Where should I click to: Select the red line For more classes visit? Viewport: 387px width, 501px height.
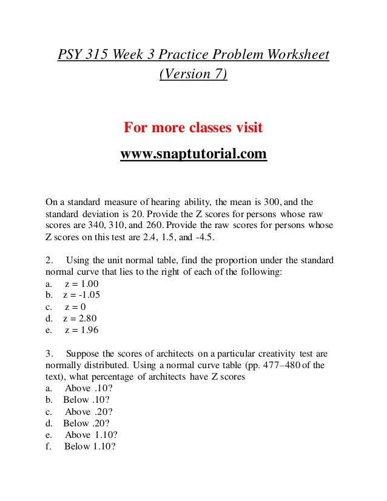(193, 129)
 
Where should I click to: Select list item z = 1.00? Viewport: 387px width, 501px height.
(81, 284)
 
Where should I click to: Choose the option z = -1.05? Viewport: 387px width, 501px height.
(81, 295)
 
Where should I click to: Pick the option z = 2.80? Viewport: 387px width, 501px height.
(80, 318)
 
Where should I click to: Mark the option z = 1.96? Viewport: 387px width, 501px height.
(81, 330)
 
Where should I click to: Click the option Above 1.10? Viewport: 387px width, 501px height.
(91, 435)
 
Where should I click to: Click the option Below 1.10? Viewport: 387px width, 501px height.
(90, 447)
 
